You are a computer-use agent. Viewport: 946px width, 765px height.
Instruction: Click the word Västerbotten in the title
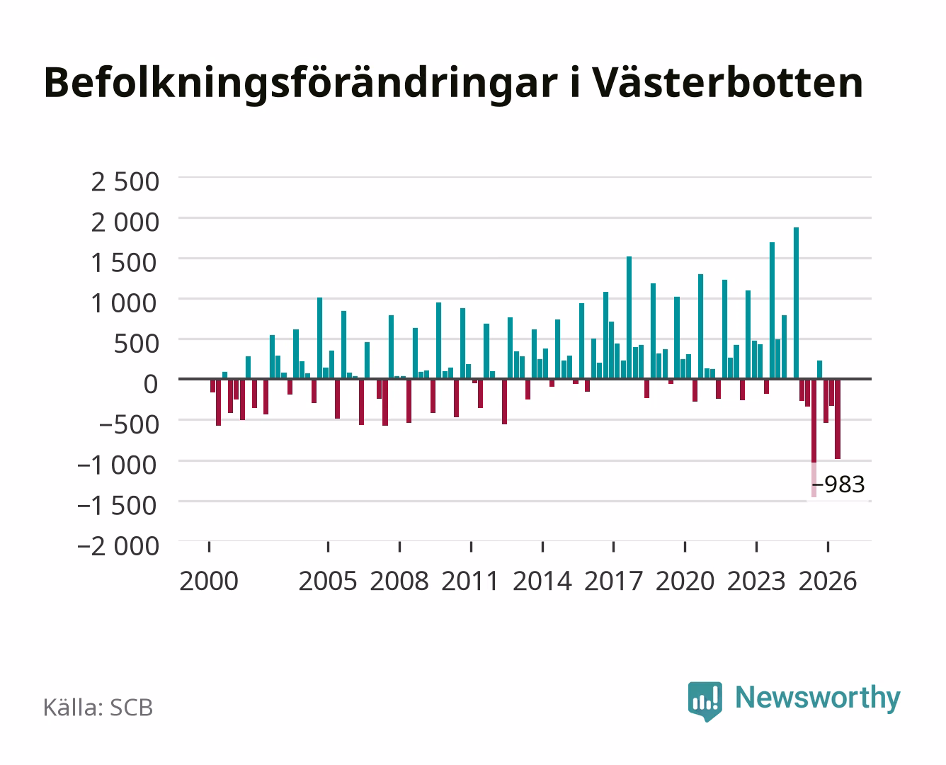pos(728,83)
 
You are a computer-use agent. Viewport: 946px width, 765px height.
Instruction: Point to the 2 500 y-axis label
pos(125,182)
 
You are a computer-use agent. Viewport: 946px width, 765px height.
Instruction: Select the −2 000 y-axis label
pos(118,546)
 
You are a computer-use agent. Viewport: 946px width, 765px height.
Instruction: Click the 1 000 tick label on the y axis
pos(124,303)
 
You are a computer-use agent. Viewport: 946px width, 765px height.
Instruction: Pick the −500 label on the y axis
pos(129,425)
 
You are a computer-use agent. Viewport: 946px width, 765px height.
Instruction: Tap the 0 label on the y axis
pos(151,385)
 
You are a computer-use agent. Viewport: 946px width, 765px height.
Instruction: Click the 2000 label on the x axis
pos(209,582)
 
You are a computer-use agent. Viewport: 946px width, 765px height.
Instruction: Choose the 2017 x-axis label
pos(613,582)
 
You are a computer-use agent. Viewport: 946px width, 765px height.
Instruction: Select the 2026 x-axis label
pos(828,582)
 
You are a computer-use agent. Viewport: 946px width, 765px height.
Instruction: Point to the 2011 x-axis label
pos(470,582)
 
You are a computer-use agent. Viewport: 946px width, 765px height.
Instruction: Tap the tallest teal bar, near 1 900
pos(797,303)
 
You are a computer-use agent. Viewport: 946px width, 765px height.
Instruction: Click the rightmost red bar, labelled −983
pos(838,419)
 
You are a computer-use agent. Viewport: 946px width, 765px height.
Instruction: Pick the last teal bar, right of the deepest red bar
pos(819,370)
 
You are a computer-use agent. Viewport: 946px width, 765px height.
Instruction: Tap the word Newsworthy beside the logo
pos(818,698)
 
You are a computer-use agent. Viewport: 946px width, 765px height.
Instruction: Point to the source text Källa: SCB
pos(98,708)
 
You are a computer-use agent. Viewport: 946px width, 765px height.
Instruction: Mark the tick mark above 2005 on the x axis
pos(329,547)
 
